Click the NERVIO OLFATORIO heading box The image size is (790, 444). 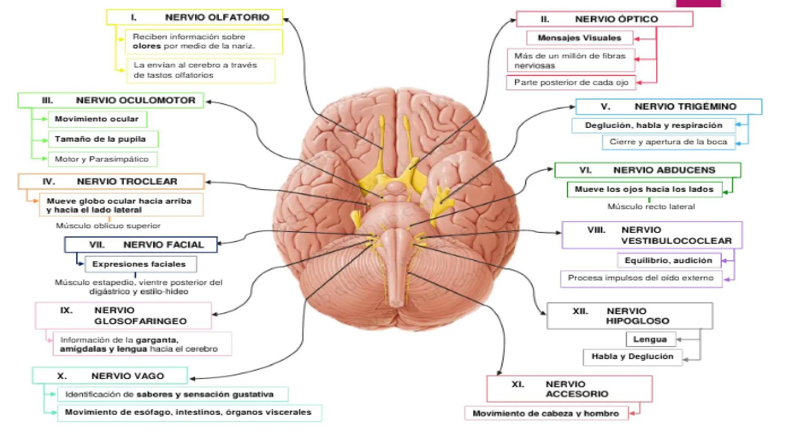[x=195, y=17]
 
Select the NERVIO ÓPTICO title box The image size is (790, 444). [x=604, y=19]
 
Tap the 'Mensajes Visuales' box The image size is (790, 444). [x=579, y=38]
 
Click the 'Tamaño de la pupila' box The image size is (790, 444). [x=103, y=139]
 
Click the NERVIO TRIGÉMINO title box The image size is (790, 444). [x=668, y=106]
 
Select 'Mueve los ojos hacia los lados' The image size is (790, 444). [x=644, y=189]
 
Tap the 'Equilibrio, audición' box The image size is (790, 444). [x=669, y=260]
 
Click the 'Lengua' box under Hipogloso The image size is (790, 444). [x=651, y=339]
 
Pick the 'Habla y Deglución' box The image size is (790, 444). [x=632, y=356]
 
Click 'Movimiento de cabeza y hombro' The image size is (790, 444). [x=546, y=413]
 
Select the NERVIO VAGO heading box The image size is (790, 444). [x=110, y=376]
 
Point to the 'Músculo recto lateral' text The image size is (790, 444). [x=651, y=206]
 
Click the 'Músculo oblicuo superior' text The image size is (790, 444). [x=108, y=225]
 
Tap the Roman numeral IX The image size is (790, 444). [x=66, y=310]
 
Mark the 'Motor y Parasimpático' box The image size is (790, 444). [x=102, y=159]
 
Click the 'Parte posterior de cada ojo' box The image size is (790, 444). [x=571, y=82]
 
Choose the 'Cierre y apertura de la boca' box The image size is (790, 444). [x=668, y=142]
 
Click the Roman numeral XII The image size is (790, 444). [x=580, y=311]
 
